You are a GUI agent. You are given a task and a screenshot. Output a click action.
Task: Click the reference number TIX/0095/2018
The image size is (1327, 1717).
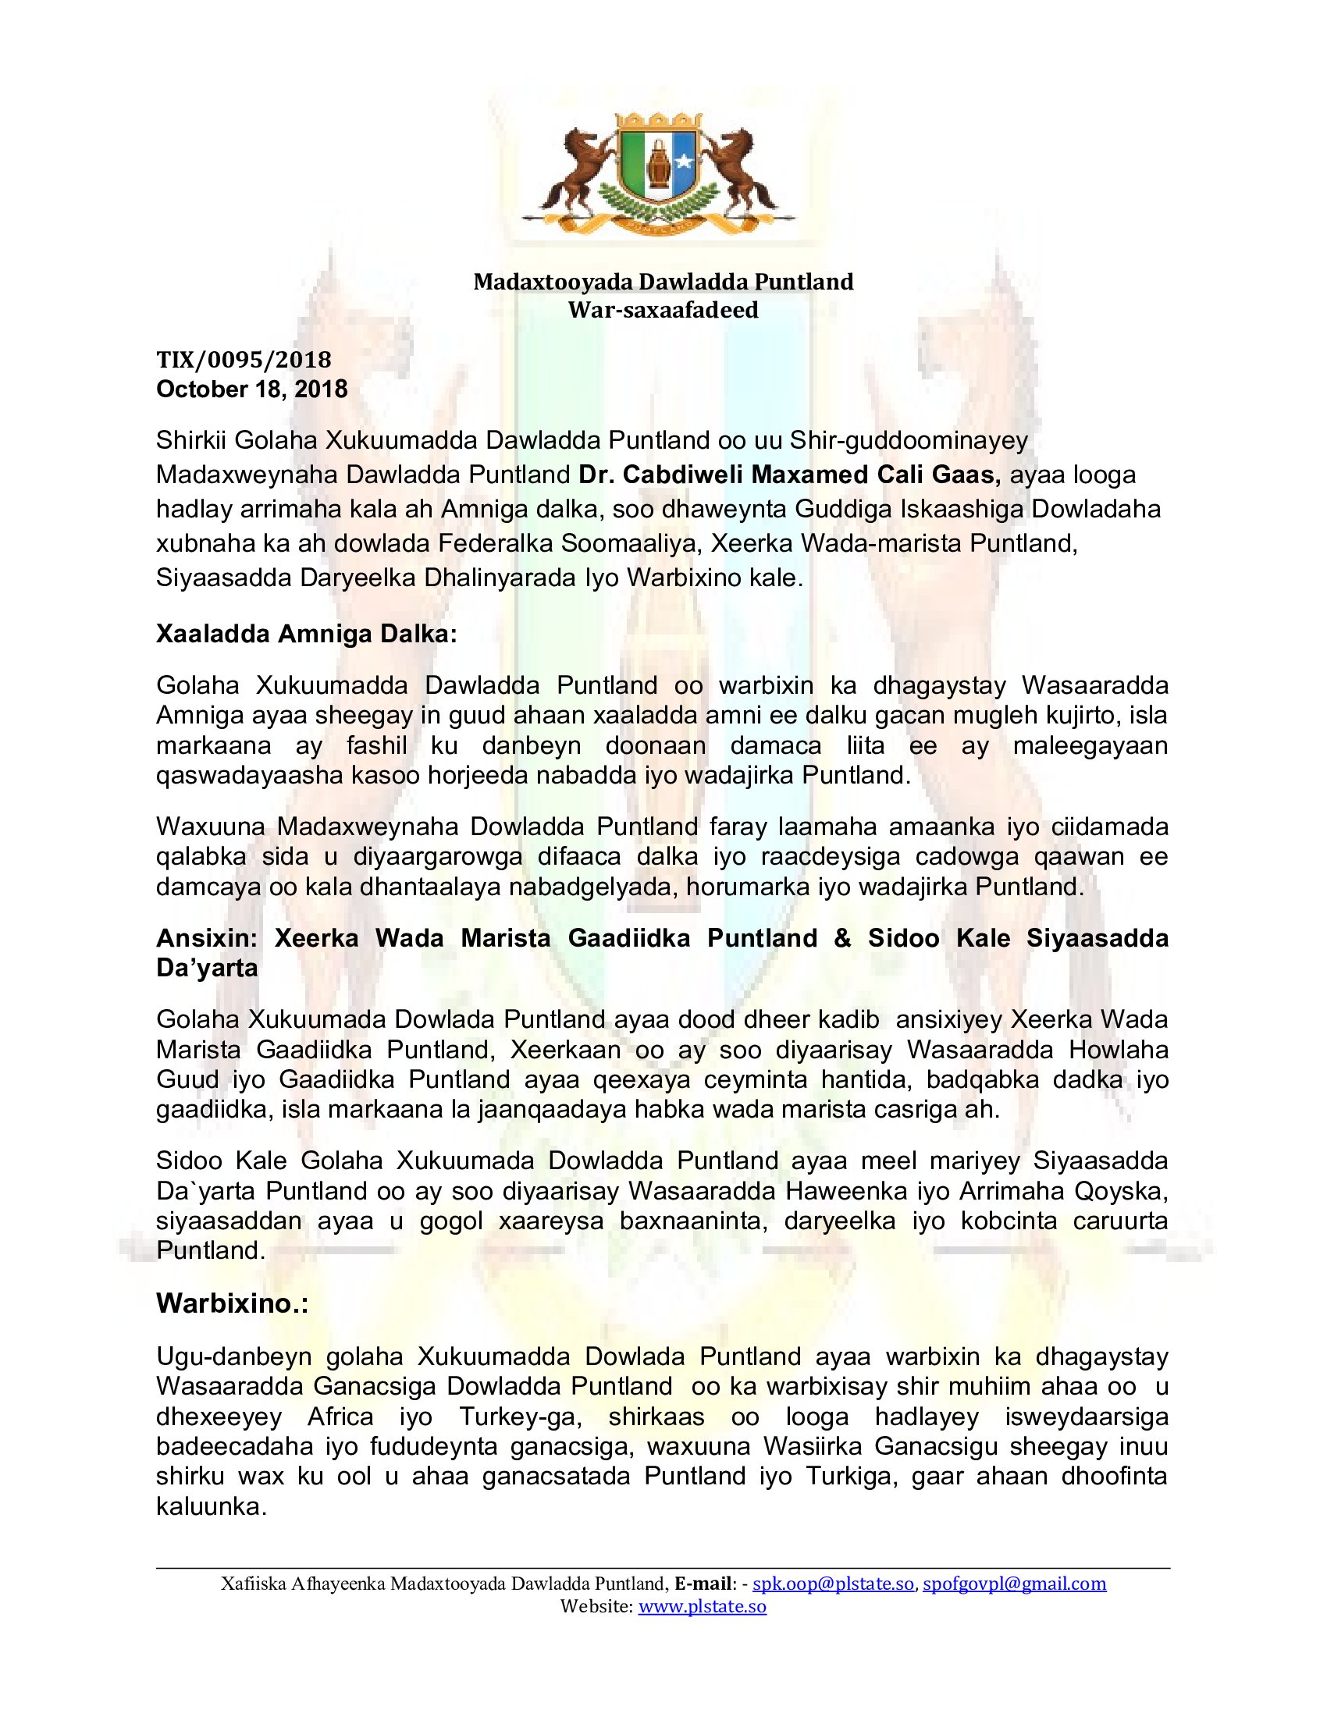coord(244,359)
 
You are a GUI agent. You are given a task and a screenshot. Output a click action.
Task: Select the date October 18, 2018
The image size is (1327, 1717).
coord(251,389)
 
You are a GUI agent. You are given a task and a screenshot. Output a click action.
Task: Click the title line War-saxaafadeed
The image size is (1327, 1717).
coord(663,310)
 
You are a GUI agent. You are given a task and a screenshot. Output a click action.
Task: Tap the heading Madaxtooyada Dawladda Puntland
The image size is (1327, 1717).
coord(663,282)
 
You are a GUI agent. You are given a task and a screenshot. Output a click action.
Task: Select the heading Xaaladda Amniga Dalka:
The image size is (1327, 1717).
coord(307,634)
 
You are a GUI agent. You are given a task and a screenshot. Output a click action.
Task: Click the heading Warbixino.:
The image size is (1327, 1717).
coord(232,1303)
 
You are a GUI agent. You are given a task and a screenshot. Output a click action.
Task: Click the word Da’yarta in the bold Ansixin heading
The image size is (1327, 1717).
coord(208,968)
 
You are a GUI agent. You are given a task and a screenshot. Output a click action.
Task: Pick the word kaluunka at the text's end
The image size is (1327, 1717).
coord(212,1506)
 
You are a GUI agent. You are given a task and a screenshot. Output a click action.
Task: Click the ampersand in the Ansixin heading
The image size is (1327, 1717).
coord(843,938)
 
